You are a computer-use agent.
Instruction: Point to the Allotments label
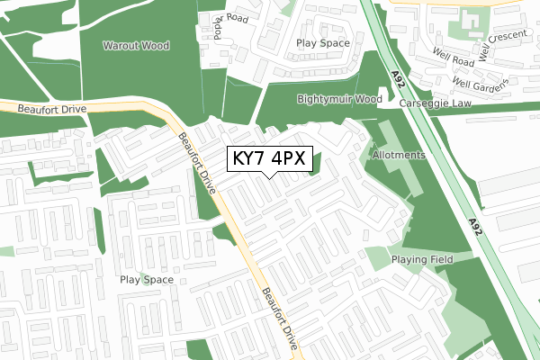397,155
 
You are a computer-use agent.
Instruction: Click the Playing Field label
422,259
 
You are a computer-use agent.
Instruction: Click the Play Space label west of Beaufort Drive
147,280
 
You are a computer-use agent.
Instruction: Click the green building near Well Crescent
471,20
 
